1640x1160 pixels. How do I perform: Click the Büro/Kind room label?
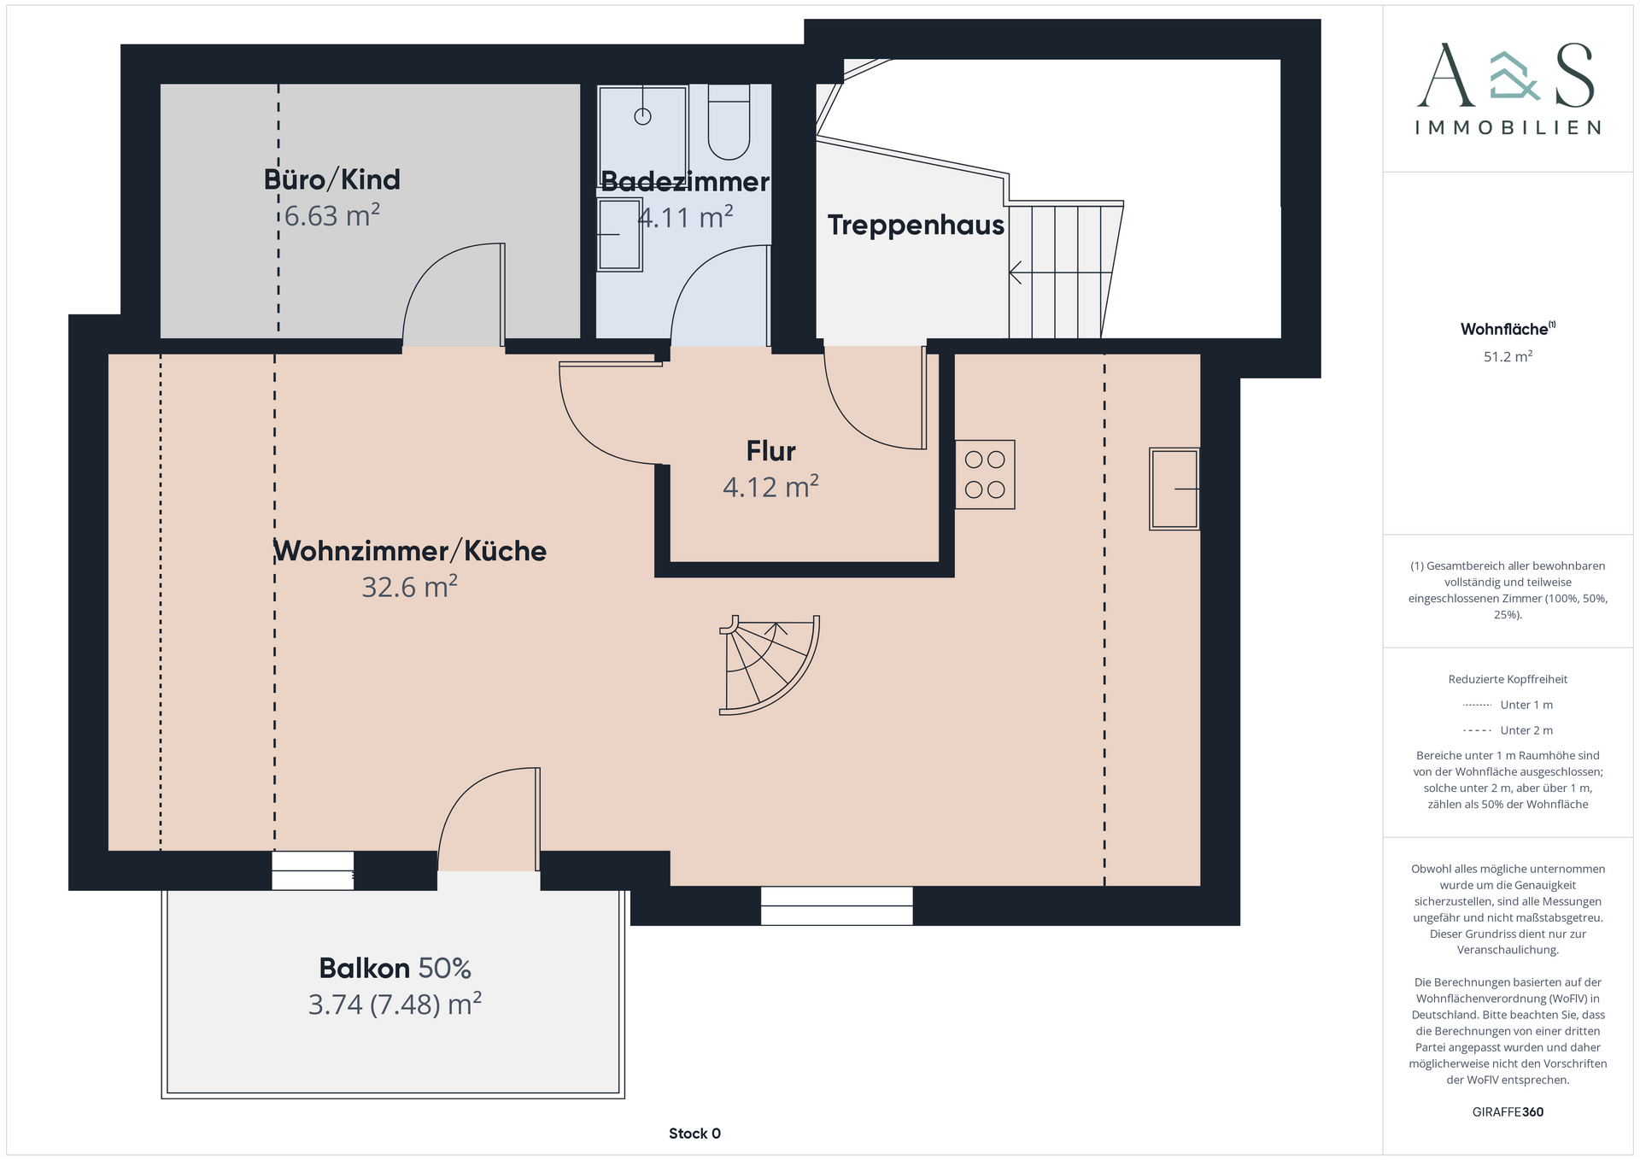(x=331, y=179)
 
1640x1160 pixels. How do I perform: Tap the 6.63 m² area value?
(x=331, y=215)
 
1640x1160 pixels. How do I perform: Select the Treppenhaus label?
(x=916, y=225)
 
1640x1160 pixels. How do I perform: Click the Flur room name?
(x=770, y=450)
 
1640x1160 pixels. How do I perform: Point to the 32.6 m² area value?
(x=409, y=587)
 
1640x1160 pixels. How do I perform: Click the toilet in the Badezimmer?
(x=729, y=121)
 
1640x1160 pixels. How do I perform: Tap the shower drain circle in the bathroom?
(x=642, y=116)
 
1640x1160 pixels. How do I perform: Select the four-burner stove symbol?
(x=985, y=475)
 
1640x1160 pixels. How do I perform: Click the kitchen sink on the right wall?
(x=1174, y=489)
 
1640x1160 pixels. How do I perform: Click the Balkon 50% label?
(x=395, y=968)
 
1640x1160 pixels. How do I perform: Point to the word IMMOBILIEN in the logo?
(x=1508, y=128)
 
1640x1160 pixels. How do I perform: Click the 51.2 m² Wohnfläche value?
(x=1508, y=356)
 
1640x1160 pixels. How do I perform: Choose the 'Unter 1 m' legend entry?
(x=1508, y=705)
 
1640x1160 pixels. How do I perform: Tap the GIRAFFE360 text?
(x=1508, y=1112)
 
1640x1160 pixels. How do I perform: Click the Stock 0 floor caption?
(x=694, y=1134)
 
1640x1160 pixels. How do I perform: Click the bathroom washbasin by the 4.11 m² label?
(x=620, y=234)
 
